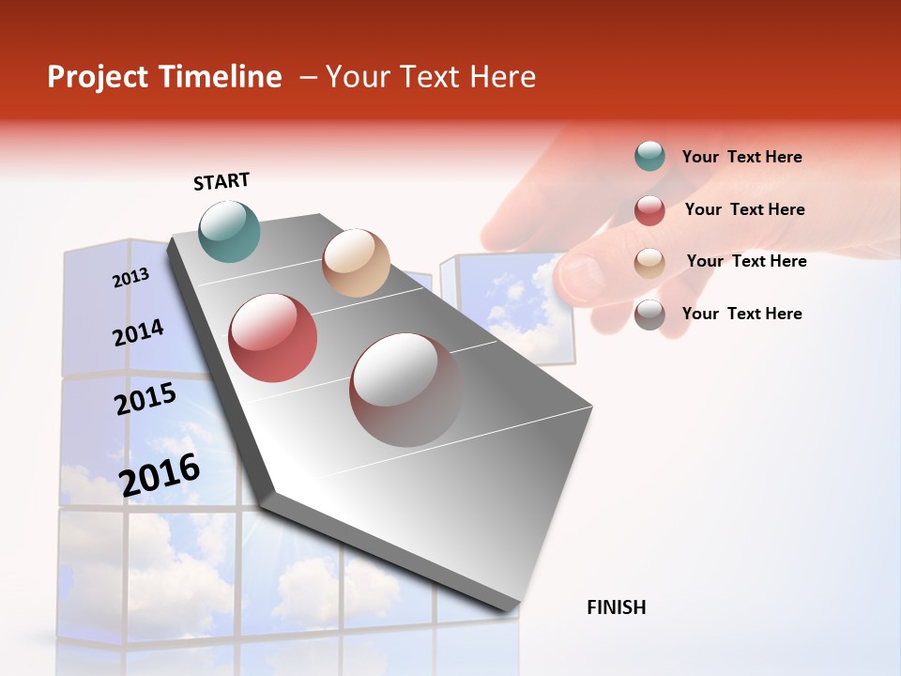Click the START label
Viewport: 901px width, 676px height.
point(221,181)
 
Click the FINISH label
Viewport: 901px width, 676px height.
point(616,607)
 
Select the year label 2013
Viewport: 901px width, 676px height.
point(130,278)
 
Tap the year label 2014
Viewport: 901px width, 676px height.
point(138,333)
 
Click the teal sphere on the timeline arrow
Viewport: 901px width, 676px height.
point(230,231)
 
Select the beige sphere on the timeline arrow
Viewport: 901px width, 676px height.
point(356,263)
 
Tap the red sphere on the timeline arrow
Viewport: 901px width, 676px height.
point(273,338)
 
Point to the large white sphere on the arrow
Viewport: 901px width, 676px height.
point(406,390)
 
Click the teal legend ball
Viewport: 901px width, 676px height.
point(649,157)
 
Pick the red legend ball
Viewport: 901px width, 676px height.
point(649,210)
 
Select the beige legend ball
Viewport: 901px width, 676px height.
point(649,262)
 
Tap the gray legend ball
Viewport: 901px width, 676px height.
point(649,315)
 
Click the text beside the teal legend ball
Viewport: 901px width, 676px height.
point(741,157)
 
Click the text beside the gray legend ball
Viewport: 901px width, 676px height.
point(741,314)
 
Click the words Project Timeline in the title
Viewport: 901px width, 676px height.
point(164,77)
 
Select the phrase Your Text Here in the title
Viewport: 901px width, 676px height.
point(431,77)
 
